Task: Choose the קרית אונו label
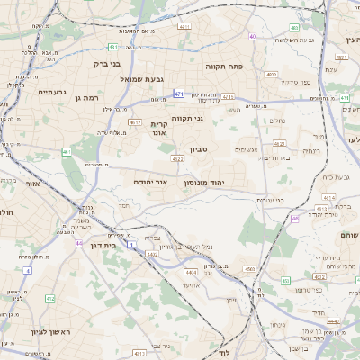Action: pyautogui.click(x=159, y=129)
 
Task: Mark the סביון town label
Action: pyautogui.click(x=199, y=150)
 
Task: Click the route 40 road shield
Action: pyautogui.click(x=254, y=37)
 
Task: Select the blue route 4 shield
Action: pyautogui.click(x=28, y=269)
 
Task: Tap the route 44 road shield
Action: pyautogui.click(x=80, y=243)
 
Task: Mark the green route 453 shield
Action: pyautogui.click(x=285, y=281)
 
